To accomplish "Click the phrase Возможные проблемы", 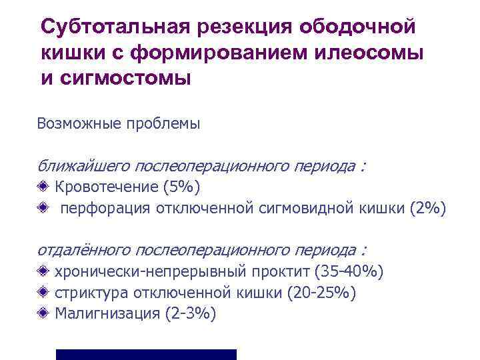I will click(x=119, y=123).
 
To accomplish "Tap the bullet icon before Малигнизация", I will click(x=43, y=313).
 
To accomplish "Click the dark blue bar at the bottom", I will click(x=146, y=354).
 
